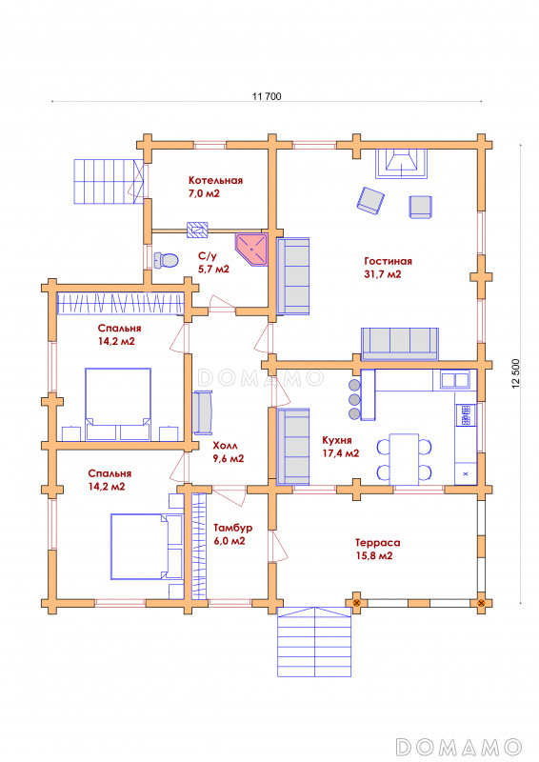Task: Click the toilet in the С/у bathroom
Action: click(166, 260)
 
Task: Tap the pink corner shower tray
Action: click(250, 249)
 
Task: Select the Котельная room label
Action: click(215, 180)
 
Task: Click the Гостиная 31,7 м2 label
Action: click(388, 268)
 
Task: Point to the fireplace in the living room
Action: click(402, 163)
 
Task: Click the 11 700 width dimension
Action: click(267, 96)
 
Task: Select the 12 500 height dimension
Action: click(516, 372)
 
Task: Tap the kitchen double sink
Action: click(455, 379)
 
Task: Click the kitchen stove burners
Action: click(466, 414)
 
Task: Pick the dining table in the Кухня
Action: click(404, 459)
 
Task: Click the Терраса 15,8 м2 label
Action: click(378, 550)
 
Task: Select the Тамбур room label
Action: click(232, 528)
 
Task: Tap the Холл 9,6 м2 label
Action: click(229, 451)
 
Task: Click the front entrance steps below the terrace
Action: click(314, 641)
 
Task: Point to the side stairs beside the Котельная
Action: click(109, 181)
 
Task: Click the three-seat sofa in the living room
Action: click(400, 344)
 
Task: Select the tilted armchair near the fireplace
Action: click(370, 200)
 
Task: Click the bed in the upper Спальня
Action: click(118, 404)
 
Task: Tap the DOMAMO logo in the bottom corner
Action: click(458, 747)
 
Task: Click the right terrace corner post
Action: click(481, 603)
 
